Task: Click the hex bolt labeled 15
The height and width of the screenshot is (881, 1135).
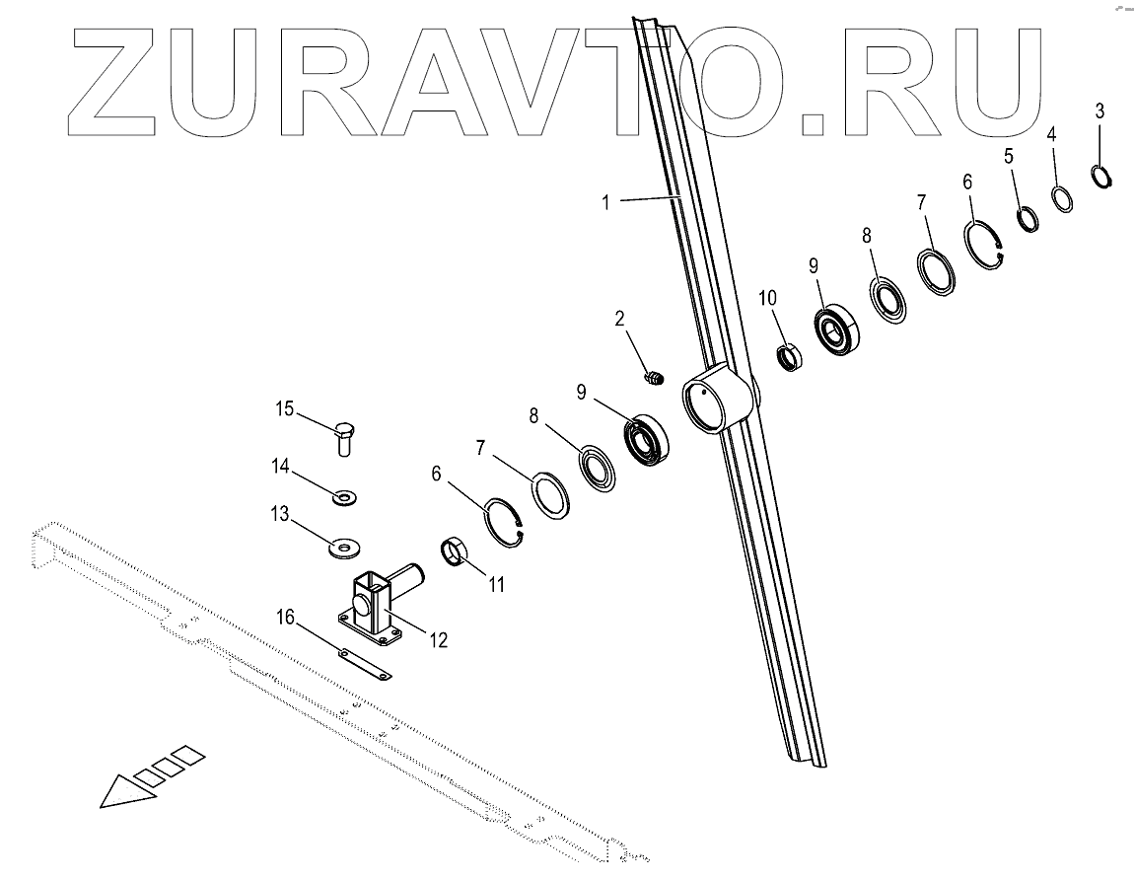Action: point(344,437)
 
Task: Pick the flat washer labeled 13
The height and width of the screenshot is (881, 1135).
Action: point(345,545)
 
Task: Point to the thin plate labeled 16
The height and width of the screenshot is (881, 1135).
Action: point(365,664)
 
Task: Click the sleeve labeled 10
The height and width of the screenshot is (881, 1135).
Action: point(790,354)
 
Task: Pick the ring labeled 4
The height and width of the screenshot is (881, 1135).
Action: point(1061,198)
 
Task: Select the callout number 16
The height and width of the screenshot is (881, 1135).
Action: point(285,618)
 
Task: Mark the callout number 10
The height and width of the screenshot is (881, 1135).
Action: point(767,297)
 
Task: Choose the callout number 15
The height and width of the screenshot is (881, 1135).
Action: point(284,407)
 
